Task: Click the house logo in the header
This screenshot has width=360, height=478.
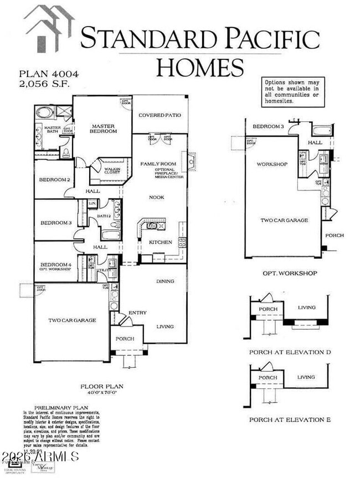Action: click(49, 27)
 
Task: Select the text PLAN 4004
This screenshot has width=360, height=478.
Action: click(42, 74)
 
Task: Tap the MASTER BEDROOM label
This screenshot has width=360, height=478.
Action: click(104, 129)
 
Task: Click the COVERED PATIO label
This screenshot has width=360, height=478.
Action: click(160, 115)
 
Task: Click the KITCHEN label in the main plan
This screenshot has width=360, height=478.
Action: click(160, 242)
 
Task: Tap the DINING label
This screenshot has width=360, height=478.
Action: click(164, 281)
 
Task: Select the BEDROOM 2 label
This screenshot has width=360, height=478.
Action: click(54, 180)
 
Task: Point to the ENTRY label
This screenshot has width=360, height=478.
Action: click(137, 313)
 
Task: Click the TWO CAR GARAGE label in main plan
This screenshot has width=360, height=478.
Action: click(72, 320)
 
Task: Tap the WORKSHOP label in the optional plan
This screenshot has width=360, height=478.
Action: click(271, 165)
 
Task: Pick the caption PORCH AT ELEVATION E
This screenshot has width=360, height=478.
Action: click(290, 420)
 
